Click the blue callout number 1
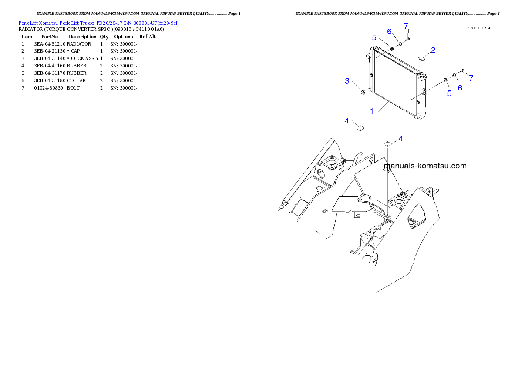[372, 111]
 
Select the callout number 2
[433, 50]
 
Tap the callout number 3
[347, 81]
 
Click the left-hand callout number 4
[346, 121]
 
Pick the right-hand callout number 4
[401, 139]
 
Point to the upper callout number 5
[373, 37]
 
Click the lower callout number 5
[449, 93]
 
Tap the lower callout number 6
[460, 87]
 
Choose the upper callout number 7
[406, 26]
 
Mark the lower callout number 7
[471, 78]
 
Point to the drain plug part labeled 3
[362, 91]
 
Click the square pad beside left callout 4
[360, 127]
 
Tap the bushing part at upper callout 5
[391, 47]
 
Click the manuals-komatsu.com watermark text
[425, 166]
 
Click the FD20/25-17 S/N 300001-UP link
[137, 23]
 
